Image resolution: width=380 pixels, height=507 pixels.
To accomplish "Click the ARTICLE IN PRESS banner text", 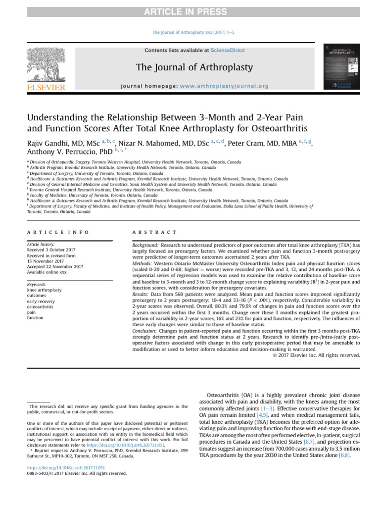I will click(x=190, y=12).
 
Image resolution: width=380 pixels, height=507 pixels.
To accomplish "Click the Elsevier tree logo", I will click(x=46, y=67).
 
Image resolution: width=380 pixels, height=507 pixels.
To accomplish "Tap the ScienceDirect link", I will click(x=227, y=50).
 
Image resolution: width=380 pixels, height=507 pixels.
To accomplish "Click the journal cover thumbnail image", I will click(x=341, y=67).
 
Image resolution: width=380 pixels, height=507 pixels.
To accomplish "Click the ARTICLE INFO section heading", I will click(x=58, y=232).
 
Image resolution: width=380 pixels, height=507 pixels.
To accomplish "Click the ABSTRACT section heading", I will click(x=154, y=232).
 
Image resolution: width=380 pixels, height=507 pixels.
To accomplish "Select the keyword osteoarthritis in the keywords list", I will click(x=42, y=306).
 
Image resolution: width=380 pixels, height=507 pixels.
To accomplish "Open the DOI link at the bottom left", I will click(x=66, y=467).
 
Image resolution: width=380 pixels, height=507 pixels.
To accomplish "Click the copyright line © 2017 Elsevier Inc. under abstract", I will click(x=316, y=355).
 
